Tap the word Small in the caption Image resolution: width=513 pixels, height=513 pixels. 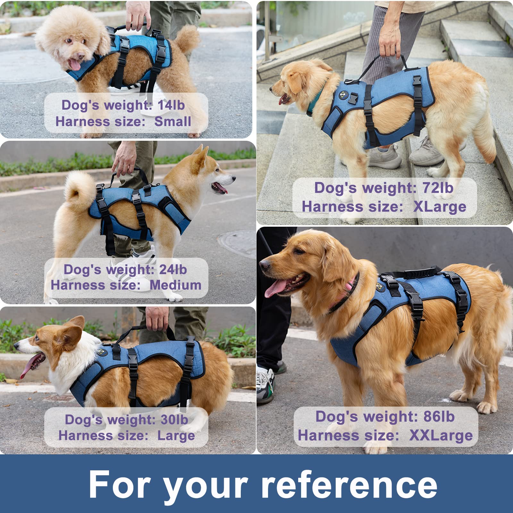click(x=172, y=122)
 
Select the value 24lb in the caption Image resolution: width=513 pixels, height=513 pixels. click(x=173, y=270)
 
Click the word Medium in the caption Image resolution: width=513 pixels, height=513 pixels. click(x=175, y=285)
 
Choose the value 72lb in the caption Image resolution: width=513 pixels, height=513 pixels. click(x=438, y=188)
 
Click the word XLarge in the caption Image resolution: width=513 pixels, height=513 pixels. click(x=440, y=207)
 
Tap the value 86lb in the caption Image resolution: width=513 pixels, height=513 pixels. click(x=439, y=416)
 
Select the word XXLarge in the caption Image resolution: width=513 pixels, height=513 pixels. click(x=441, y=435)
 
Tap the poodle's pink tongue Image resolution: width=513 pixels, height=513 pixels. click(x=75, y=64)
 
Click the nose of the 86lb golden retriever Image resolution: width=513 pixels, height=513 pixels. click(x=265, y=265)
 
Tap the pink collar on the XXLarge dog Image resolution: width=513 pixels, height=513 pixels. click(x=345, y=293)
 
